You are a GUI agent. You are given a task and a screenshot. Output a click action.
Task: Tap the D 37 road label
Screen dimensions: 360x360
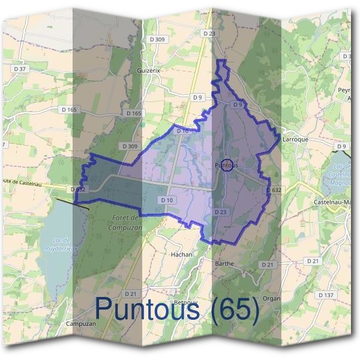click(x=20, y=69)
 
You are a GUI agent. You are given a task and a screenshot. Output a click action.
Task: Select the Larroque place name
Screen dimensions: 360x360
click(x=295, y=139)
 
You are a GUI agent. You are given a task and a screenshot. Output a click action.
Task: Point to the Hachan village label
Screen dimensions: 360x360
click(x=181, y=254)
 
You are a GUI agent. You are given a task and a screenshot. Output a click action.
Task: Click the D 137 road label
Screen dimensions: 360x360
click(x=326, y=295)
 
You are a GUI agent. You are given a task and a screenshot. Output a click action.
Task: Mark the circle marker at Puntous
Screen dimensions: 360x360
click(x=226, y=165)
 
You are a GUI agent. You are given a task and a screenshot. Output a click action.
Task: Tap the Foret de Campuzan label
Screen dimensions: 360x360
click(x=125, y=223)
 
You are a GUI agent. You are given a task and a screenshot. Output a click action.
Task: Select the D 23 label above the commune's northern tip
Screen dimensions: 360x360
click(x=209, y=34)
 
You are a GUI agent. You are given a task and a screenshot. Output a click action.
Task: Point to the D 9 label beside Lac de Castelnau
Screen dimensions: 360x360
click(x=342, y=146)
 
